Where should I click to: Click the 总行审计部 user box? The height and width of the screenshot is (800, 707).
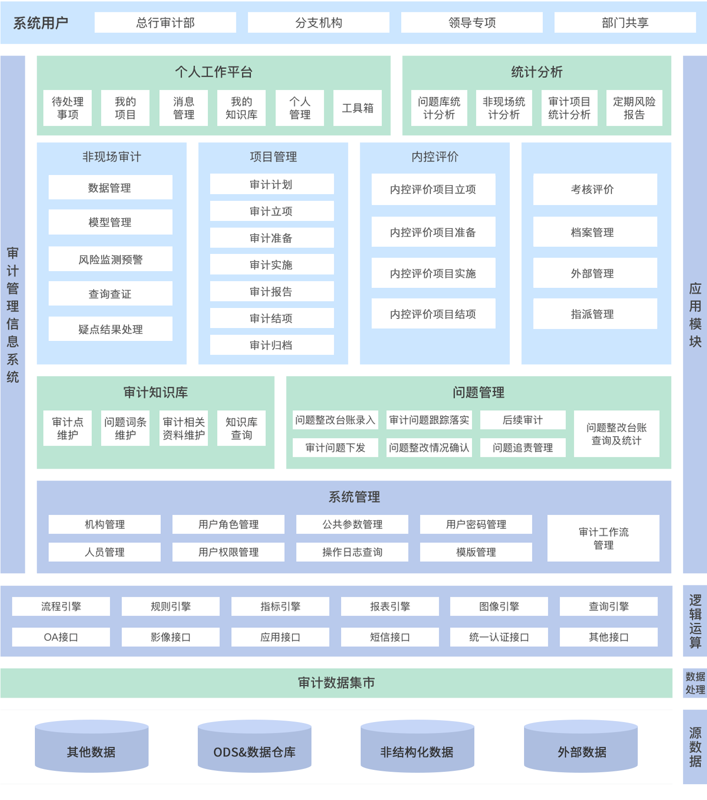click(x=165, y=22)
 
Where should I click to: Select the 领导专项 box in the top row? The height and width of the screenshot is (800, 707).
click(x=471, y=22)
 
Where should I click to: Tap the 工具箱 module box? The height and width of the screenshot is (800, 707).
click(x=357, y=108)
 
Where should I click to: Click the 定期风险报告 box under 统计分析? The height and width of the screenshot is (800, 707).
click(x=634, y=108)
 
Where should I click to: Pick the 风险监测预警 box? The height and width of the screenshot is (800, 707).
click(x=110, y=259)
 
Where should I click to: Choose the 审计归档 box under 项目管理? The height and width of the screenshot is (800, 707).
click(x=271, y=345)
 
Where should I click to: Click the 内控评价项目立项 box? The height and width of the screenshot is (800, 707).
click(x=433, y=189)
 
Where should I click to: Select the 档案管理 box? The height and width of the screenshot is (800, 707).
click(x=595, y=232)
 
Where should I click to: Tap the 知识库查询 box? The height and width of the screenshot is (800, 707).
click(x=241, y=428)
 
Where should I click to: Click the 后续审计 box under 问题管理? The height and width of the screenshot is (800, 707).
click(x=523, y=420)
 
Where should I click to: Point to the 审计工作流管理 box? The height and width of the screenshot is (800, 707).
click(x=603, y=538)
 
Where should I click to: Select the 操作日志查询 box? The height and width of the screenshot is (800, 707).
click(x=352, y=552)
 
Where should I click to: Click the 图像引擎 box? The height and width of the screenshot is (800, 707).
click(x=499, y=606)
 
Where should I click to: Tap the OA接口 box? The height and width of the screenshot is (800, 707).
click(x=61, y=637)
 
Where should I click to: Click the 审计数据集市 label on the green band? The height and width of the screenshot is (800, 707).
click(x=336, y=683)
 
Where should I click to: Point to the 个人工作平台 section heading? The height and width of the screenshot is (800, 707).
click(x=214, y=72)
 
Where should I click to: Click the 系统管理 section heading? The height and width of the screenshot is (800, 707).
click(x=354, y=497)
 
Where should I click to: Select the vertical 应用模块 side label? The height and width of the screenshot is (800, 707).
click(x=695, y=315)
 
